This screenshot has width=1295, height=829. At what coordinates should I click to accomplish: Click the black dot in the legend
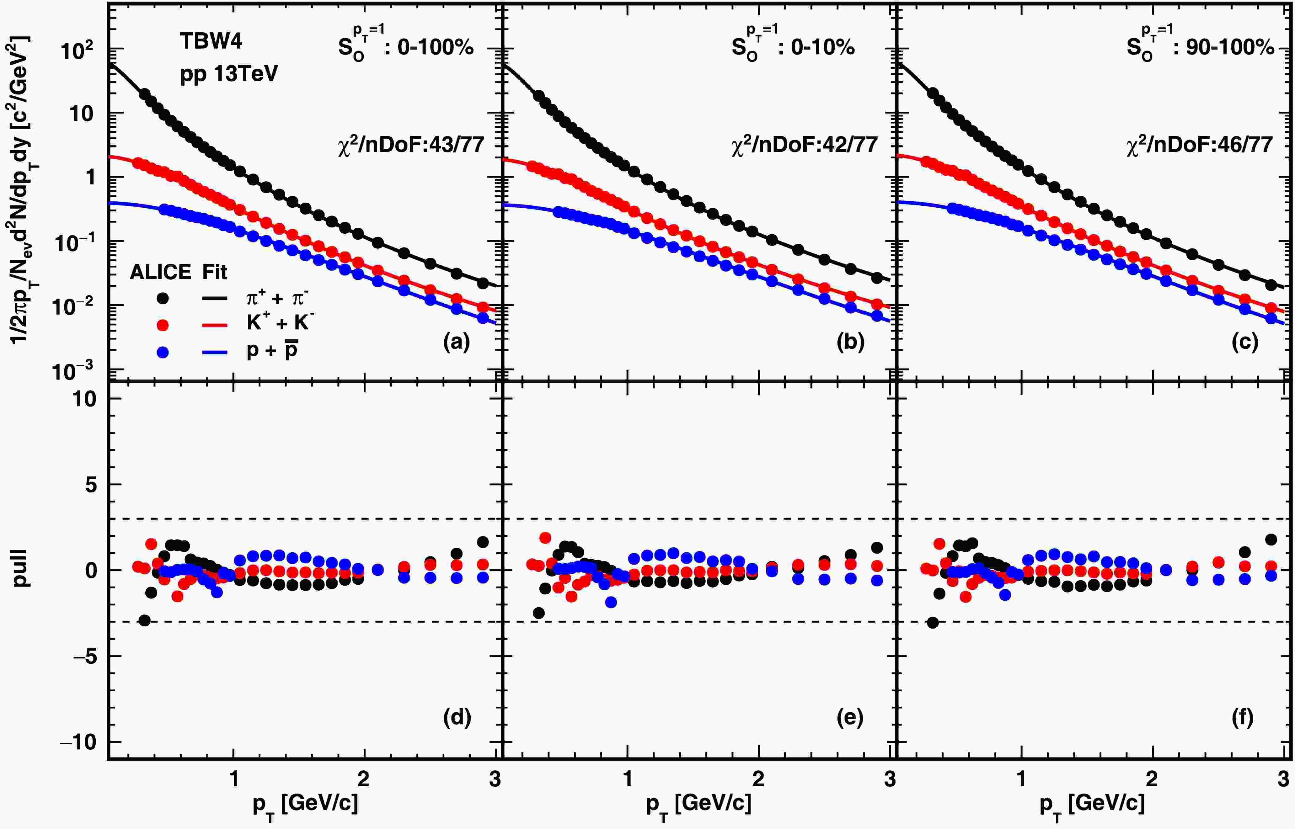tap(162, 298)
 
